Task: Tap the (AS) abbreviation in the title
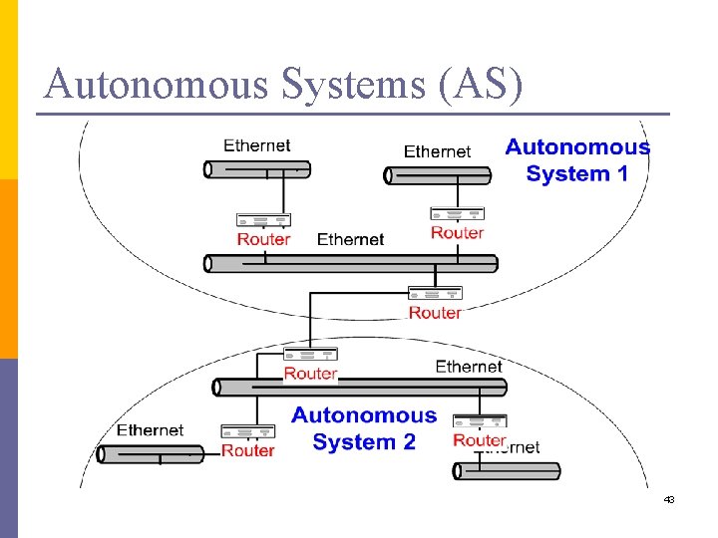click(x=479, y=85)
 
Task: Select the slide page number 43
click(x=669, y=499)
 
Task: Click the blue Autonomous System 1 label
click(x=577, y=160)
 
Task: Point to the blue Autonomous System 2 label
click(x=364, y=428)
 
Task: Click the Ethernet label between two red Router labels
click(x=350, y=239)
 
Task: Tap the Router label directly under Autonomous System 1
click(x=457, y=233)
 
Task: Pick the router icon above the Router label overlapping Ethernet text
click(x=480, y=420)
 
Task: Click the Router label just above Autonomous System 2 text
click(x=310, y=374)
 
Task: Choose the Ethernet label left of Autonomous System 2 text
click(x=150, y=430)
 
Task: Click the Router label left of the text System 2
click(x=247, y=450)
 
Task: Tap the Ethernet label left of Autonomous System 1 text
click(x=437, y=151)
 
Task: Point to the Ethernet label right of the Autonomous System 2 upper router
click(x=469, y=367)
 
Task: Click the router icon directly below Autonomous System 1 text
click(x=457, y=213)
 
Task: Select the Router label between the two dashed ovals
click(x=435, y=313)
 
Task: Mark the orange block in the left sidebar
click(x=9, y=268)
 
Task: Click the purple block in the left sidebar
click(x=9, y=447)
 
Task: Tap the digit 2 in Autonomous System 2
click(x=408, y=441)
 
